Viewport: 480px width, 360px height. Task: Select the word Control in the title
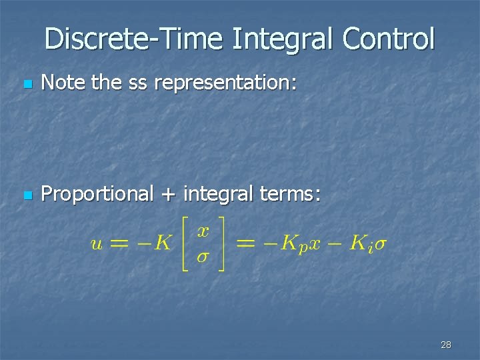388,39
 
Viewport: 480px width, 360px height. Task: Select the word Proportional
97,194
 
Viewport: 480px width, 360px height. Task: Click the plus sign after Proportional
168,195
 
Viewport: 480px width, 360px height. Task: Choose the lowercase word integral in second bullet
217,194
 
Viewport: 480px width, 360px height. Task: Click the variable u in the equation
97,244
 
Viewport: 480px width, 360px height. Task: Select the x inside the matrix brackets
204,231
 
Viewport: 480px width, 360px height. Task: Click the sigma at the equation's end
379,244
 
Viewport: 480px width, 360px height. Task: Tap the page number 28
446,345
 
